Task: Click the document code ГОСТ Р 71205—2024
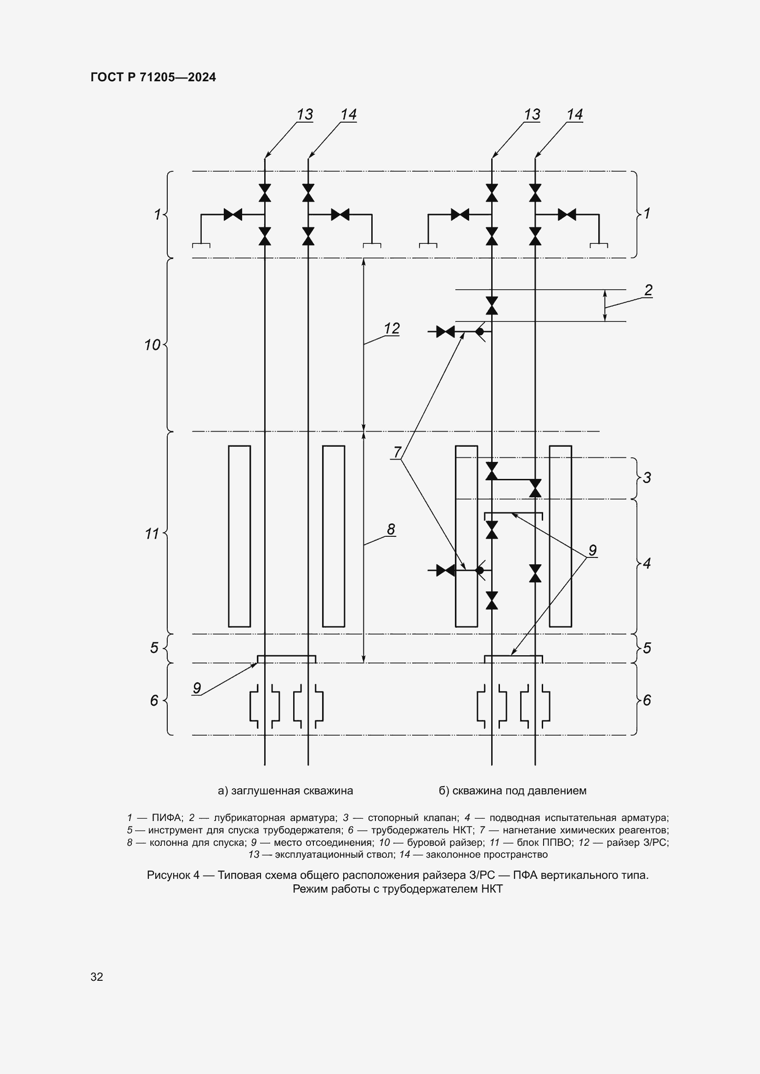[153, 77]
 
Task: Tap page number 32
[97, 977]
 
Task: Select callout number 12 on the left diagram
[391, 328]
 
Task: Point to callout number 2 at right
[648, 290]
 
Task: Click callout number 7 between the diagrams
[397, 452]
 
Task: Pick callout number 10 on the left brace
[152, 345]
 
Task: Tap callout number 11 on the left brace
[152, 534]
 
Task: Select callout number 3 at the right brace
[647, 478]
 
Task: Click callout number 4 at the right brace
[647, 563]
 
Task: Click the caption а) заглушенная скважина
[285, 791]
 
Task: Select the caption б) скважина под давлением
[512, 791]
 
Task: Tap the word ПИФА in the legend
[167, 818]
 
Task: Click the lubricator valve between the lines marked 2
[491, 305]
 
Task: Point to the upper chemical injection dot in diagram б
[480, 332]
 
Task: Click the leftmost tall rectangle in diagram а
[239, 536]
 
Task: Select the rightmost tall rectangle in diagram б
[560, 536]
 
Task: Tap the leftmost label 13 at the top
[305, 114]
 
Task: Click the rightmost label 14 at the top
[575, 114]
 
